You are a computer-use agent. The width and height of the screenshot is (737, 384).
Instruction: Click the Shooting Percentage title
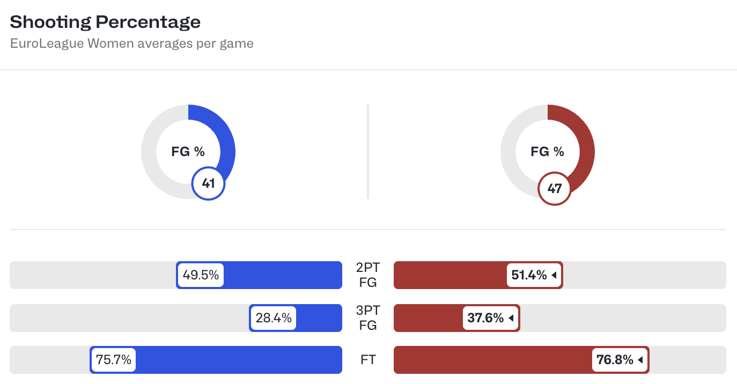click(x=105, y=22)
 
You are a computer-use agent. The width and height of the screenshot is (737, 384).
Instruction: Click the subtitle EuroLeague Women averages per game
click(x=131, y=43)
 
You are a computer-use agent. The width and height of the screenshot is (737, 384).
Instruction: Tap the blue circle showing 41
click(x=208, y=184)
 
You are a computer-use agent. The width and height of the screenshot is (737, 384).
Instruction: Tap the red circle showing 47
click(x=554, y=188)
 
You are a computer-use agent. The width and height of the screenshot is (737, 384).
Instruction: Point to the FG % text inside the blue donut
click(x=188, y=152)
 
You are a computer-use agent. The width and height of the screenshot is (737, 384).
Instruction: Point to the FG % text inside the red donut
click(x=547, y=152)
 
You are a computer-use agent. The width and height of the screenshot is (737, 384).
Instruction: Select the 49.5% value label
click(x=201, y=275)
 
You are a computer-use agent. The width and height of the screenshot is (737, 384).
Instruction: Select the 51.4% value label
click(x=529, y=275)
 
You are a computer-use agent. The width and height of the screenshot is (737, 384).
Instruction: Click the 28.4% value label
click(x=274, y=318)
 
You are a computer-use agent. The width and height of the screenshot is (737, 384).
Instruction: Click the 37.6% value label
click(x=485, y=318)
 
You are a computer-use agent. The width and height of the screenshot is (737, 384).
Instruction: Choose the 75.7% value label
click(x=114, y=360)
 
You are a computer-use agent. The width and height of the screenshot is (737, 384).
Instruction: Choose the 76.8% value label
click(x=615, y=360)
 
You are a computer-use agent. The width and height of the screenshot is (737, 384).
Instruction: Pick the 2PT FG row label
click(x=368, y=275)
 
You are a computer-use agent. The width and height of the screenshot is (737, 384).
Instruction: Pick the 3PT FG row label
click(x=368, y=318)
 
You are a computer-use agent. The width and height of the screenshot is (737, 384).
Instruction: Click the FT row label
click(x=368, y=360)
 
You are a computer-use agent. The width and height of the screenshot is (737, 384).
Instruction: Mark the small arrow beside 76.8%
click(x=640, y=360)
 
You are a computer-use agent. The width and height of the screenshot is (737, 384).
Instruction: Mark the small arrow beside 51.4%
click(x=554, y=276)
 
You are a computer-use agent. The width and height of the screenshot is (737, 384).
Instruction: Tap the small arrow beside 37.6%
click(x=511, y=318)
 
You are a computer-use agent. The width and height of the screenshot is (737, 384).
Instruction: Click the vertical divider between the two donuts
click(x=368, y=152)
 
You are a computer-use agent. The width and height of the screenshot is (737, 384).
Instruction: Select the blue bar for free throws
click(x=236, y=360)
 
